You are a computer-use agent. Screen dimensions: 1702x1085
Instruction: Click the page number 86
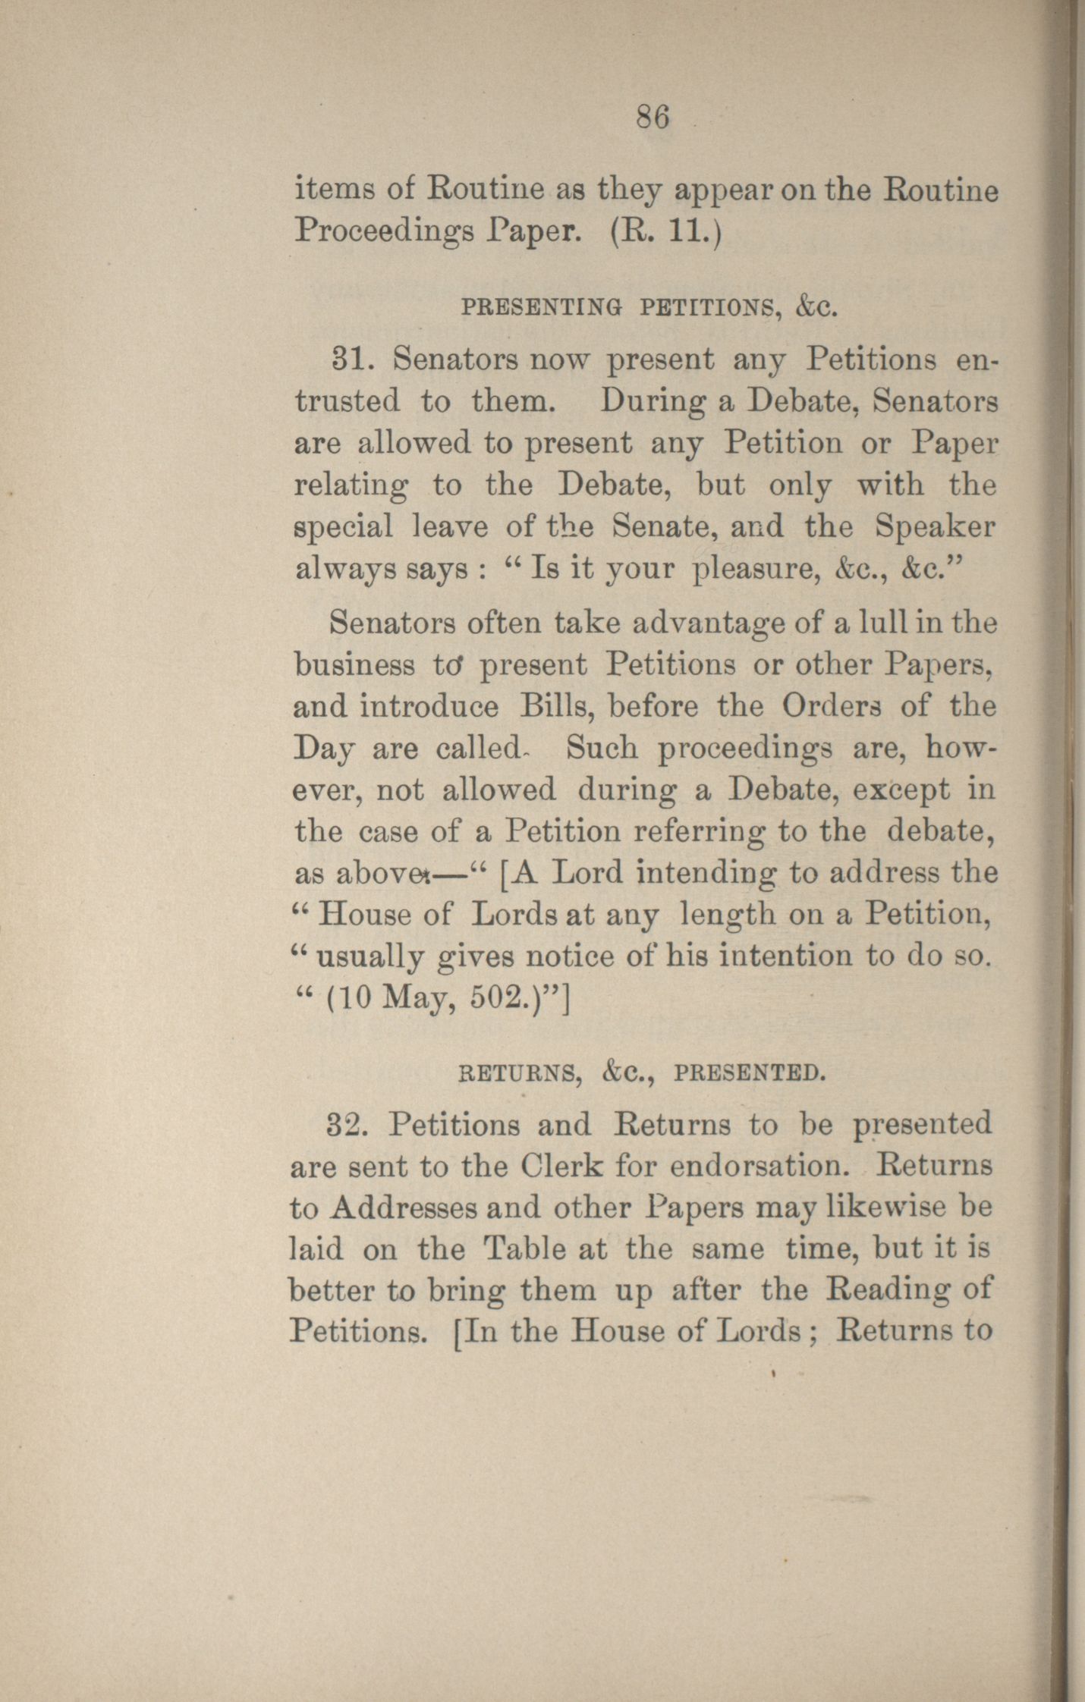point(653,118)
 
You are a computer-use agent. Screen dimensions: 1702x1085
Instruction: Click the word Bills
point(556,706)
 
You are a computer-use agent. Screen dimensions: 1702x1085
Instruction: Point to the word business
point(354,665)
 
